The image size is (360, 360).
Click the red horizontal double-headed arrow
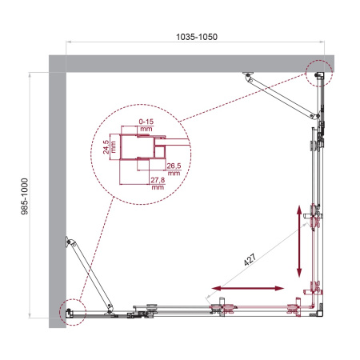249,287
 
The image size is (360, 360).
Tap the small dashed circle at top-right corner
318,74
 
